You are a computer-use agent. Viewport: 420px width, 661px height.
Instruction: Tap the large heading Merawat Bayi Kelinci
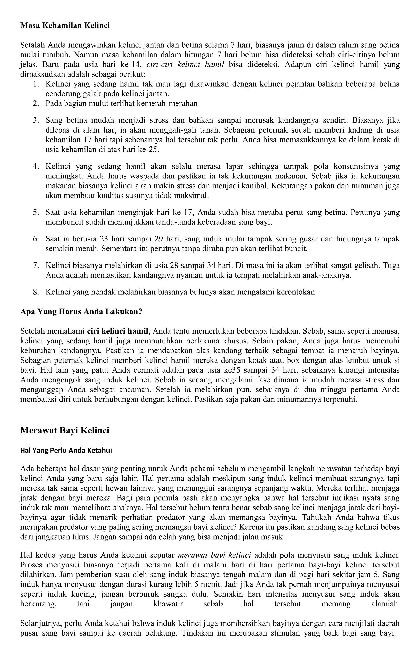pos(65,430)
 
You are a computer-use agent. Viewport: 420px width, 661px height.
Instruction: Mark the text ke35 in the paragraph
pos(232,370)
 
